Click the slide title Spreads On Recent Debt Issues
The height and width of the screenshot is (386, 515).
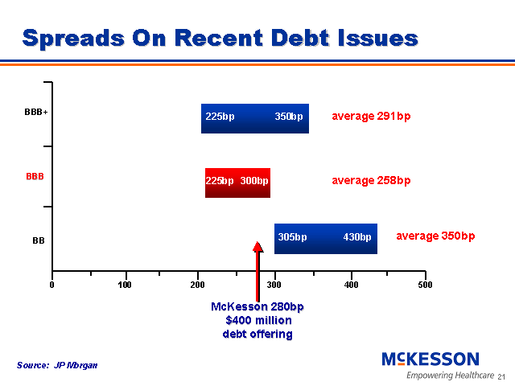pos(220,38)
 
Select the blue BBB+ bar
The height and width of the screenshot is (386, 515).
pos(254,117)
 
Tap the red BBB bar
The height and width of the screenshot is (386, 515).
pos(237,182)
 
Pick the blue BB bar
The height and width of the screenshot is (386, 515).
pos(325,238)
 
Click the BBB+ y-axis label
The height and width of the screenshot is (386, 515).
pos(36,113)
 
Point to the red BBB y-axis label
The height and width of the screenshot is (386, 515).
pos(35,175)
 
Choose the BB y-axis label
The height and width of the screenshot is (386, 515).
pos(38,240)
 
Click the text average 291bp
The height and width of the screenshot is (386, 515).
pos(371,117)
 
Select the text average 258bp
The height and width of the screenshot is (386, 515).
pos(371,180)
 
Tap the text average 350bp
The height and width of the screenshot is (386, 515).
pos(435,236)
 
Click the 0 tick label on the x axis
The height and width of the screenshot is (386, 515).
pos(52,285)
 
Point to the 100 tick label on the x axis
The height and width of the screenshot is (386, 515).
pos(126,285)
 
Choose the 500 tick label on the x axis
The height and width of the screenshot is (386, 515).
pos(425,285)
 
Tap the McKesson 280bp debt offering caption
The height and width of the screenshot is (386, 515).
pos(257,320)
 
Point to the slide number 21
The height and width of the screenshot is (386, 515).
pos(501,377)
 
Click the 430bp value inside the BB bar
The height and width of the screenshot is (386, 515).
pos(356,237)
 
